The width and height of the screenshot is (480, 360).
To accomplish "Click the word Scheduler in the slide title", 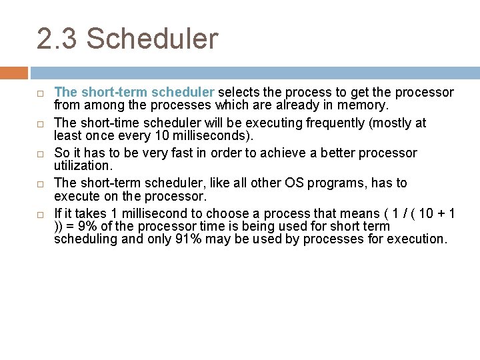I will (152, 39).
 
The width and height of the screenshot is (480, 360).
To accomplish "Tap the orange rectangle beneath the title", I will (14, 73).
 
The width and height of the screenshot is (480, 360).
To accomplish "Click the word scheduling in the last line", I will (83, 238).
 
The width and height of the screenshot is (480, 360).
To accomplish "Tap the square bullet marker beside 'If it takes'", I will (40, 215).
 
